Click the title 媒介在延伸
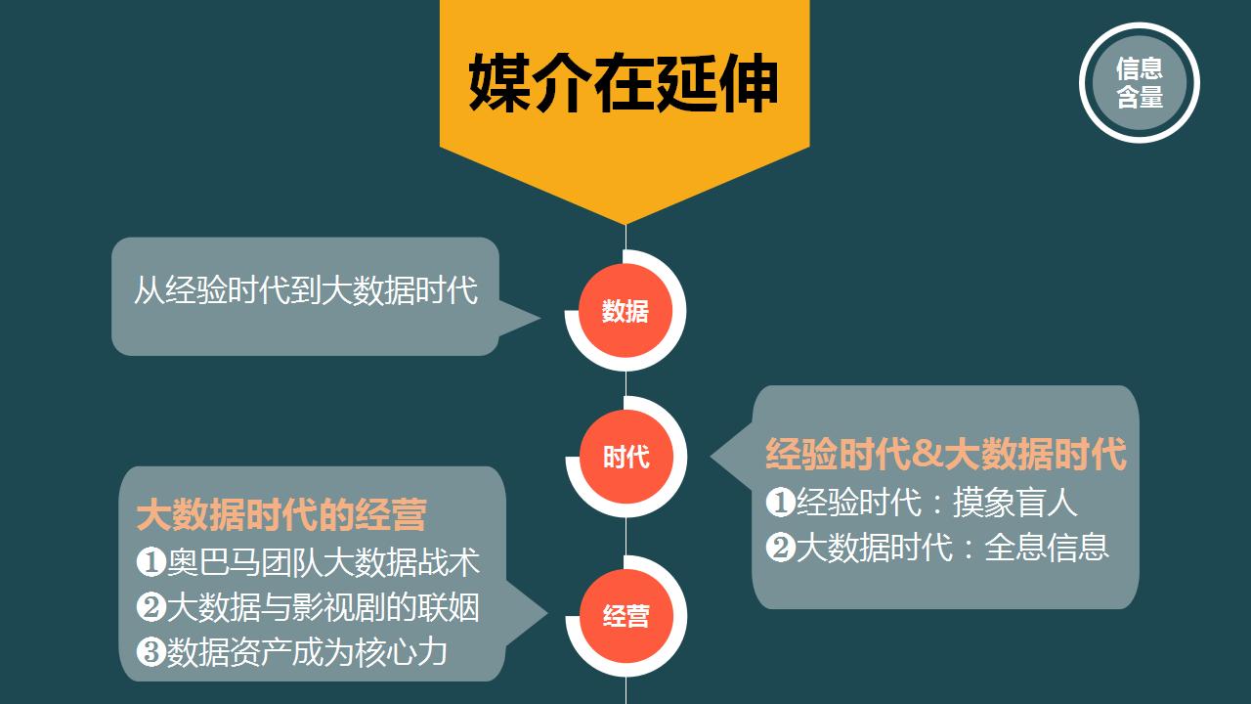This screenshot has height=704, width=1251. point(624,84)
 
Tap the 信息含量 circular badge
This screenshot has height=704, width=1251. point(1140,83)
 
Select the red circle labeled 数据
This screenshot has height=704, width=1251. point(625,311)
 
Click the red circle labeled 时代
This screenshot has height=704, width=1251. point(626,457)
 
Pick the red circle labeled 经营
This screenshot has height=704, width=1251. point(626,616)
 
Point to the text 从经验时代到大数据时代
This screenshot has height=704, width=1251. point(306,290)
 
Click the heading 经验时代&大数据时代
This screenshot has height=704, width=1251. point(945,454)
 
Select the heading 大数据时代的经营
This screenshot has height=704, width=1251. point(281,514)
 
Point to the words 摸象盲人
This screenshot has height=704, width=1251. point(1014,503)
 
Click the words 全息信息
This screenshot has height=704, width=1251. point(1046,548)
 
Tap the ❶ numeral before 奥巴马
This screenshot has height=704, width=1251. point(151,562)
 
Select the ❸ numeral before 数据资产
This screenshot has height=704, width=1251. point(151,652)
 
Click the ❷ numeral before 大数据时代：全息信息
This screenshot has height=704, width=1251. point(780,548)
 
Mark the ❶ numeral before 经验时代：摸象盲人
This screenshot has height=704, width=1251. point(780,502)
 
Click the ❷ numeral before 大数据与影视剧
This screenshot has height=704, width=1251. point(151,607)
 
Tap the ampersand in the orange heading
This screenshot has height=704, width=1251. point(928,454)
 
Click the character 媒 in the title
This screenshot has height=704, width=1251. point(498,84)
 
